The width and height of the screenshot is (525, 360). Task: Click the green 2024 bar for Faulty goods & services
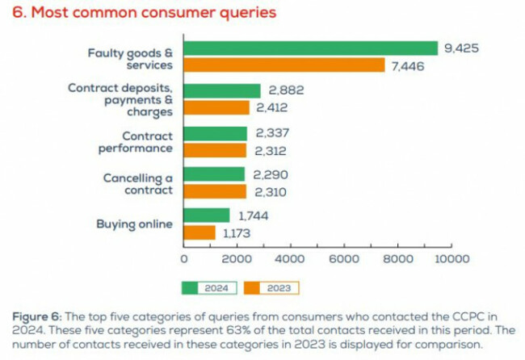click(x=311, y=48)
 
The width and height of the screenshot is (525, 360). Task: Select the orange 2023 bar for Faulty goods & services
click(x=284, y=65)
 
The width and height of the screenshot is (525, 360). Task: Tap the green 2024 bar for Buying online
click(x=208, y=216)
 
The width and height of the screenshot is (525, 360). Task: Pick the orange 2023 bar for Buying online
click(x=199, y=232)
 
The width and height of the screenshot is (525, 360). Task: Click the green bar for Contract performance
click(x=216, y=132)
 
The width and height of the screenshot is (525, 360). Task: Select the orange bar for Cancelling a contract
click(x=215, y=191)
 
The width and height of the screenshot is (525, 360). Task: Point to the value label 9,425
click(x=461, y=48)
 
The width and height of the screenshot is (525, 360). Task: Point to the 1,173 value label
click(x=237, y=233)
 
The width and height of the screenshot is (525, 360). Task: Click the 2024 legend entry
click(x=209, y=287)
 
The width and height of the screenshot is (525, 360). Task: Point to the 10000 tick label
click(x=450, y=259)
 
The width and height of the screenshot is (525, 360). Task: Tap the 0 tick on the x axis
click(x=185, y=259)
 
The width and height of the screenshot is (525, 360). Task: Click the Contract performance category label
click(x=136, y=141)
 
